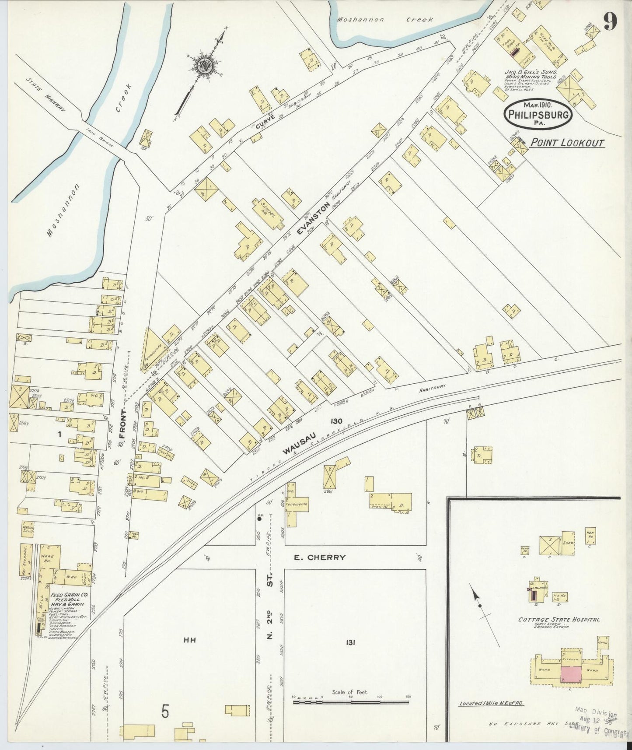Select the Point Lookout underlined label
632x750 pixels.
[x=567, y=142]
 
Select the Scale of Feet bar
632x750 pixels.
[x=351, y=702]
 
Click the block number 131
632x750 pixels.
[x=350, y=642]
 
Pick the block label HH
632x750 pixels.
[x=189, y=640]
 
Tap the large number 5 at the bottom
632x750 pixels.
[x=164, y=712]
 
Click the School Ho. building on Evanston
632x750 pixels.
[x=266, y=213]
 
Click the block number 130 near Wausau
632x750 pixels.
[x=336, y=421]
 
